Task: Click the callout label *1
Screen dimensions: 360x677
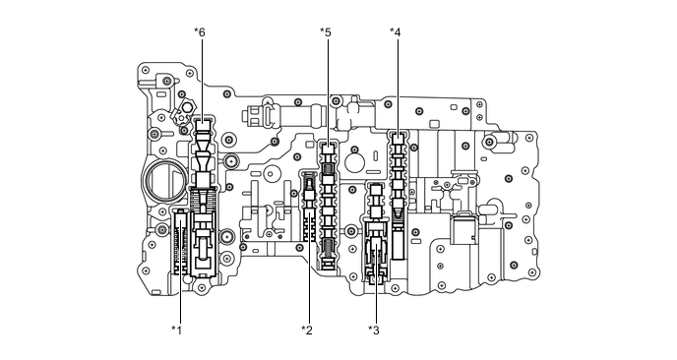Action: click(176, 330)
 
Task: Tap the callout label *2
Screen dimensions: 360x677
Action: click(306, 330)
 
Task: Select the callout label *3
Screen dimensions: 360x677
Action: click(373, 330)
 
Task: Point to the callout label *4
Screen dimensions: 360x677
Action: click(395, 32)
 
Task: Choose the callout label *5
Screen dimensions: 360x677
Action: click(325, 32)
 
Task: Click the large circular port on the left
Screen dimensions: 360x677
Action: click(163, 182)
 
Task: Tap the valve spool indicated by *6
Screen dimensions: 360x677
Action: click(204, 157)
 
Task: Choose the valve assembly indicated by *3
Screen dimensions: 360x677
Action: click(376, 236)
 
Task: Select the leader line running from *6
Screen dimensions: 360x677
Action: click(202, 79)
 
